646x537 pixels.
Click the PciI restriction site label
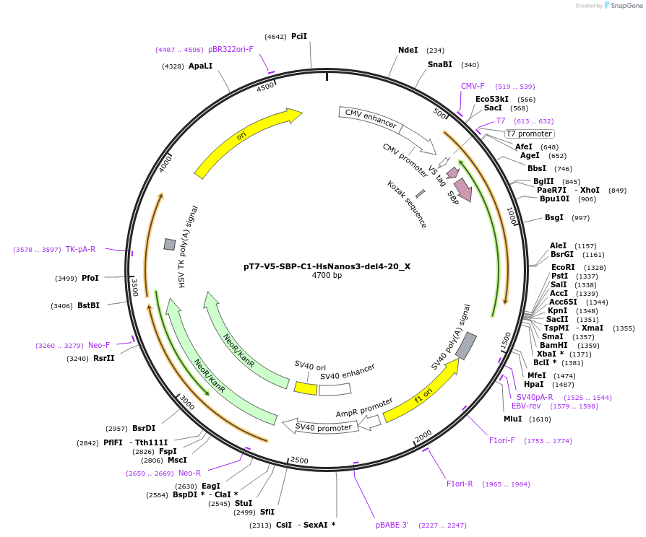(x=299, y=36)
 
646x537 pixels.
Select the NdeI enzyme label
(x=408, y=50)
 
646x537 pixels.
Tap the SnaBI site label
(x=439, y=64)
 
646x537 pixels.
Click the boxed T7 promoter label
(x=529, y=134)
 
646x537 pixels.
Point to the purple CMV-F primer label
(x=473, y=86)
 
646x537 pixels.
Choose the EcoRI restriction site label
(x=563, y=267)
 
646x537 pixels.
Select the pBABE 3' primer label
(x=392, y=525)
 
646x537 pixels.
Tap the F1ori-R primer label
(x=460, y=484)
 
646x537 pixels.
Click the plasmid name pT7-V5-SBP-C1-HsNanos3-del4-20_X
(x=327, y=266)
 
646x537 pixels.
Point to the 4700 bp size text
(x=327, y=276)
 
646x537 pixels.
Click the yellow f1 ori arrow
(x=421, y=390)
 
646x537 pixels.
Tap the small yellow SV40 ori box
(x=305, y=388)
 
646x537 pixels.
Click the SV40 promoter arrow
(x=324, y=427)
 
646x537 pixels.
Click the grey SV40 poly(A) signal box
(x=466, y=346)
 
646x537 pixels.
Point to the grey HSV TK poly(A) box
(x=170, y=244)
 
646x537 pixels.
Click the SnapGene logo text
(x=625, y=6)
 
